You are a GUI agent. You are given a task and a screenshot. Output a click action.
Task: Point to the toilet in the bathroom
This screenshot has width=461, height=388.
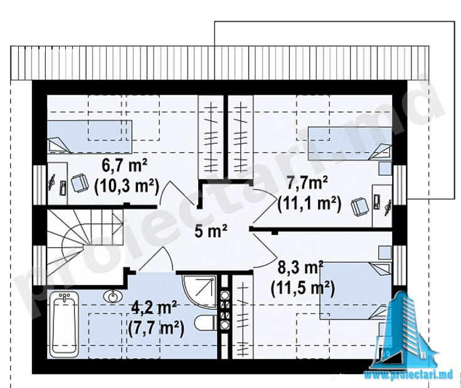point(205,323)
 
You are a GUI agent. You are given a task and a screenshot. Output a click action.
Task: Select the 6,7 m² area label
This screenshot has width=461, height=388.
point(124,167)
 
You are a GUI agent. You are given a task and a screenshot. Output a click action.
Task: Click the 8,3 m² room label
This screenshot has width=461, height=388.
point(300,268)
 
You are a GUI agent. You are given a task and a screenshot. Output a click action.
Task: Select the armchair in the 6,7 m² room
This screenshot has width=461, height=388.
point(80,182)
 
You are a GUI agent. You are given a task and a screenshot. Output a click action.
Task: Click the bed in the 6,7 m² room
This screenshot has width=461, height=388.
point(89,137)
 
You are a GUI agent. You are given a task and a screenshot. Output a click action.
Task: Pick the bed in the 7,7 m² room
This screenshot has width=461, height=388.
point(350,144)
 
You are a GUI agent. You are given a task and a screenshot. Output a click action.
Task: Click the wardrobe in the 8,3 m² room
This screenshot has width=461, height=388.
point(243,317)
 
